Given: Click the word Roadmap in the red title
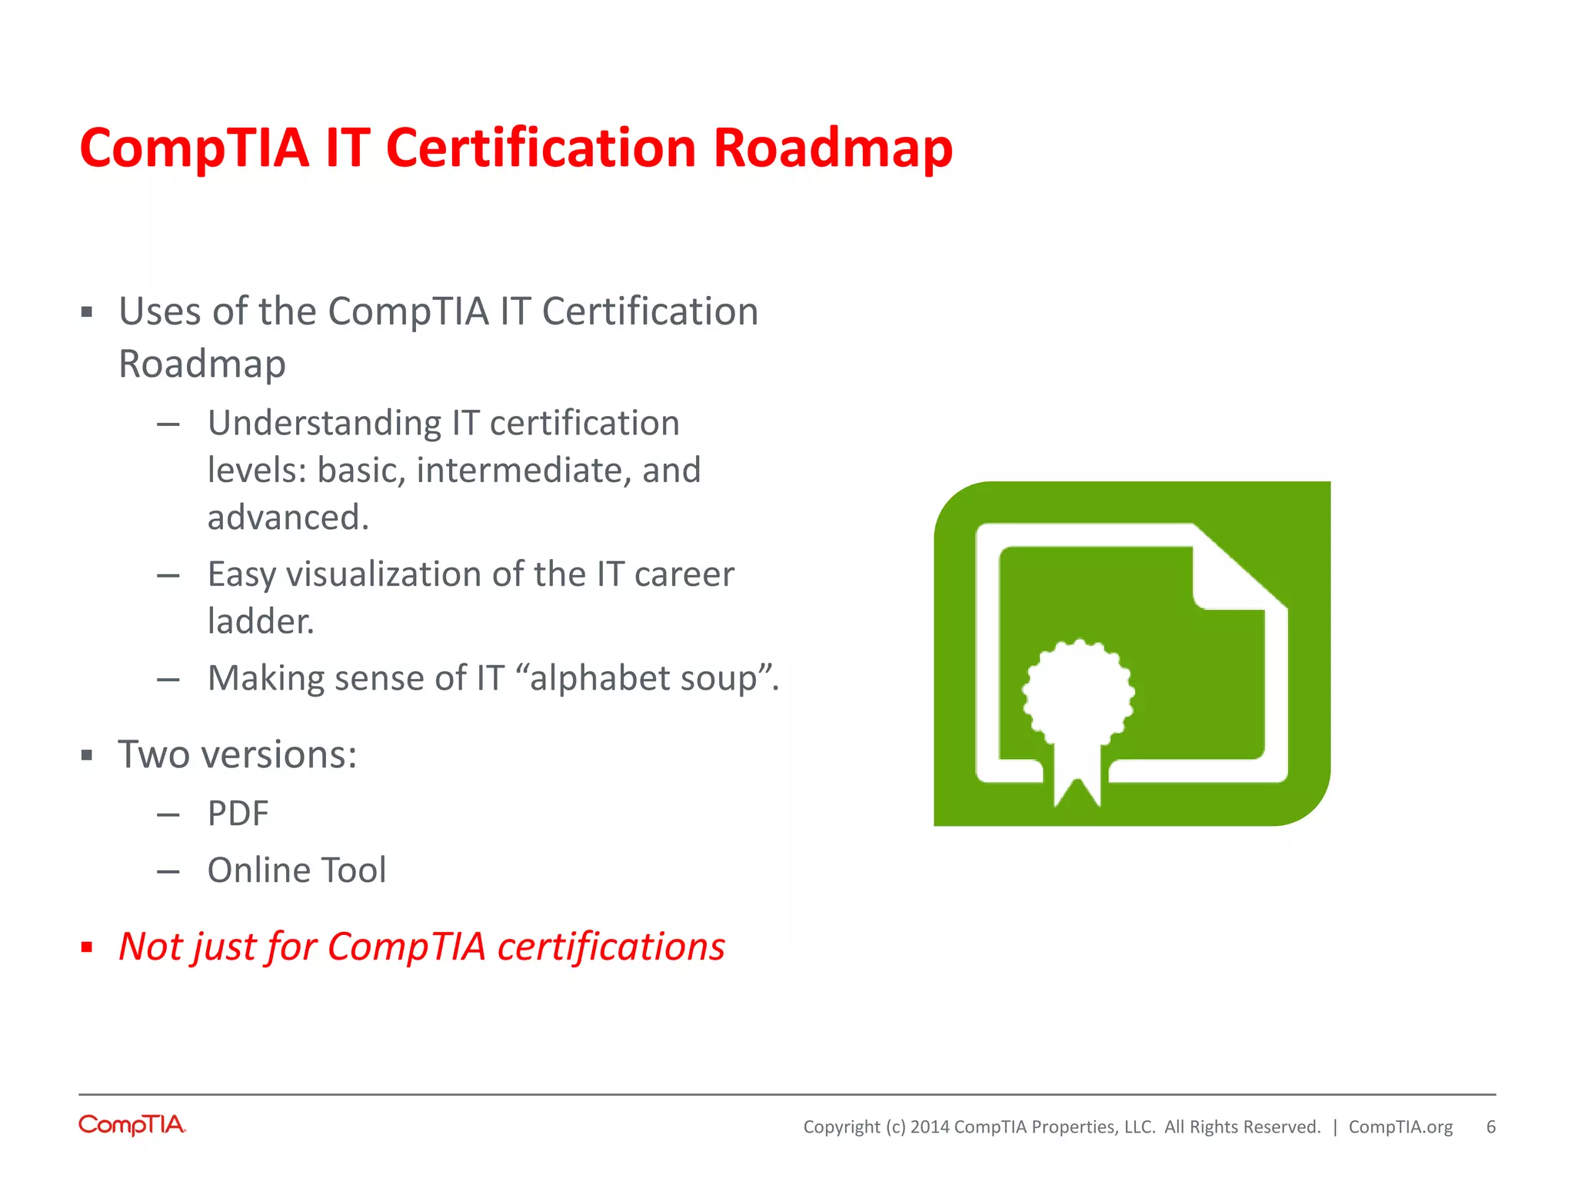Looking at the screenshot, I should coord(832,148).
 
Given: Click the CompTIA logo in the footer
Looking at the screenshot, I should coord(132,1125).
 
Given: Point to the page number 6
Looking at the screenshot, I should coord(1490,1127).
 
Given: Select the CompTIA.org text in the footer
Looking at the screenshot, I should coord(1400,1127).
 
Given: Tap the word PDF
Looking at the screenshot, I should coord(238,813).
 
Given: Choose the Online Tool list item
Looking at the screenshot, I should coord(297,870).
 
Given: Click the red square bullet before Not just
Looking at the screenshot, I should coord(87,947).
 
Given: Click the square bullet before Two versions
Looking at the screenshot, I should coord(87,756).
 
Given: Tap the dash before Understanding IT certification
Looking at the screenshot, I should coord(168,424).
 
